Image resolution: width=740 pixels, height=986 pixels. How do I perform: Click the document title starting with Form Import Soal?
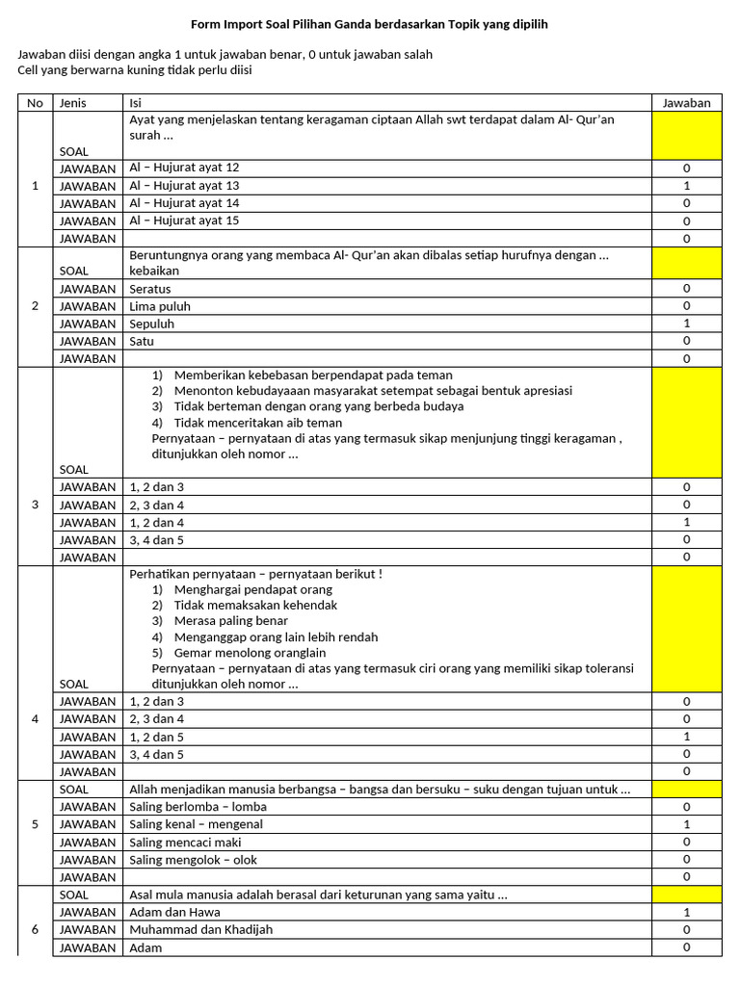369,24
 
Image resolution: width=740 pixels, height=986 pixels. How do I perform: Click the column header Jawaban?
686,103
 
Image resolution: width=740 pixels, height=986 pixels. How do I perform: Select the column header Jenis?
73,103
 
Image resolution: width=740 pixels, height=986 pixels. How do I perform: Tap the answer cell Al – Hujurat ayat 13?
184,185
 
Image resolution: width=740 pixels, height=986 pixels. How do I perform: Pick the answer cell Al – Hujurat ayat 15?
184,221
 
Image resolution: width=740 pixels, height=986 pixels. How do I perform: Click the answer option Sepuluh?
151,324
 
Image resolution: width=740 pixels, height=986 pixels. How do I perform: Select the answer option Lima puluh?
160,306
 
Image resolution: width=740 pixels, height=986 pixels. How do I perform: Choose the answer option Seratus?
150,289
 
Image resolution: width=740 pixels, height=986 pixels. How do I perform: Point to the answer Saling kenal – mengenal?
196,824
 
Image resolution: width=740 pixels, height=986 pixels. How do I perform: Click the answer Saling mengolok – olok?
193,860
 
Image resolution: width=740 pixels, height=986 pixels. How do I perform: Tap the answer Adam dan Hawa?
174,912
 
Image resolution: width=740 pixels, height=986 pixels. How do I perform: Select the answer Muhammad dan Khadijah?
200,929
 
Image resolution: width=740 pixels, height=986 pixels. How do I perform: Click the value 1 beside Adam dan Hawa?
686,912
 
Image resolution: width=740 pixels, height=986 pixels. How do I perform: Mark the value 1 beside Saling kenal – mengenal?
686,824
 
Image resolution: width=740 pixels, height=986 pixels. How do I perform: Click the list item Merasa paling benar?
231,621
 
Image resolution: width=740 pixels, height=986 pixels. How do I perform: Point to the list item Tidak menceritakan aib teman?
257,422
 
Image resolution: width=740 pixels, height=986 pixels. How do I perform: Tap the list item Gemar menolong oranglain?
250,653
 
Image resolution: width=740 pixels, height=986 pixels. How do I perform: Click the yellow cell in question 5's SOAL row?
686,790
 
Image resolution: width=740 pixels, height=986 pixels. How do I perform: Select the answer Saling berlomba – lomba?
198,807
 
